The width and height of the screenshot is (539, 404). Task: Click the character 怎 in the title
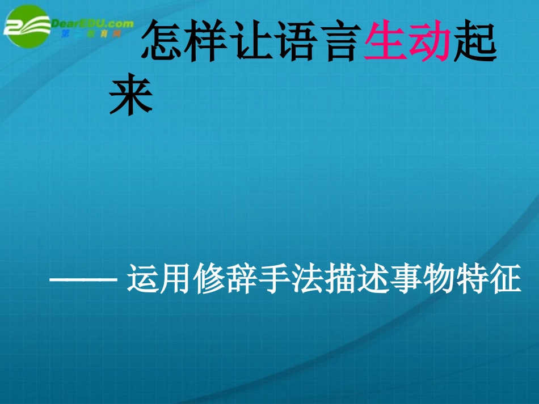tap(163, 42)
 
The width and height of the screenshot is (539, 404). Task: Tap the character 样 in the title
tap(208, 42)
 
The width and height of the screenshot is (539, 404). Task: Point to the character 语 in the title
tap(296, 42)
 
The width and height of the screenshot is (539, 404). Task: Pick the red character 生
tap(385, 42)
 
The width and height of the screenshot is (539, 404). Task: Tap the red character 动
tap(429, 42)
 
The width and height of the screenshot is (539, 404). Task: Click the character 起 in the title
tap(473, 42)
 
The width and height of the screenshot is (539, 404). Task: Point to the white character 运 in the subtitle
tap(142, 279)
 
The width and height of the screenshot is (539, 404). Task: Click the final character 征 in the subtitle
tap(504, 279)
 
